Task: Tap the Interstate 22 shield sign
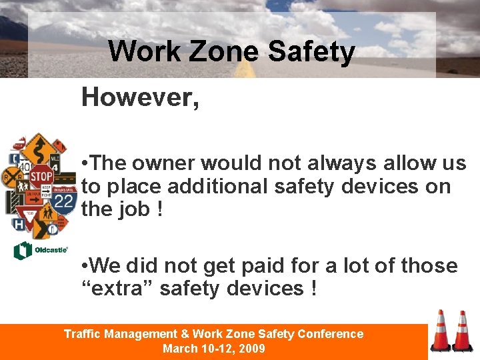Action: click(65, 200)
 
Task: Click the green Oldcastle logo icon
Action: click(23, 251)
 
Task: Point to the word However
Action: click(140, 97)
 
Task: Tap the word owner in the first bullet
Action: click(163, 163)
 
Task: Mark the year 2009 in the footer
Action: click(251, 348)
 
